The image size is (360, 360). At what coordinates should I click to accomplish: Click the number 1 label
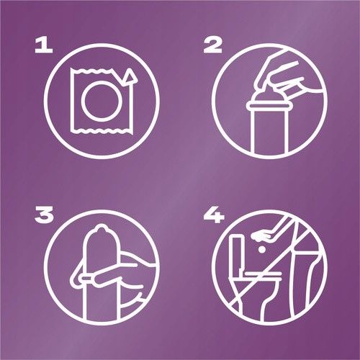[44, 46]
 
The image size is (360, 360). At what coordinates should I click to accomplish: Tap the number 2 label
[212, 46]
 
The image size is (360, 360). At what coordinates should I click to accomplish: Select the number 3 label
[44, 215]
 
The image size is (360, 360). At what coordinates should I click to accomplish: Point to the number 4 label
[214, 215]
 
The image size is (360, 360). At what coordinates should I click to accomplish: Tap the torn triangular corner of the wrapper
[130, 78]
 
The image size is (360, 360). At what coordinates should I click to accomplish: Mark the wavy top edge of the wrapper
[91, 70]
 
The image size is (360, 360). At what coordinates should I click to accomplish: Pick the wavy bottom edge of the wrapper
[102, 131]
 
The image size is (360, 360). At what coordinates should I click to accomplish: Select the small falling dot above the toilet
[261, 250]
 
